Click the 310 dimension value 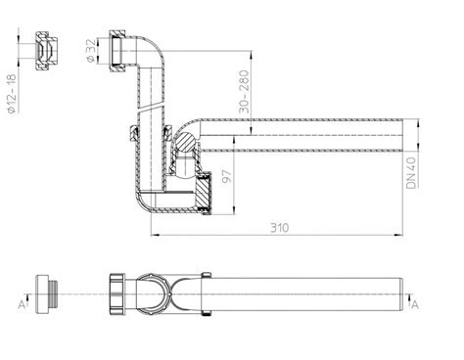[x=280, y=228]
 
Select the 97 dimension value [x=227, y=176]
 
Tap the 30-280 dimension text [x=244, y=91]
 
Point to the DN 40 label [x=411, y=173]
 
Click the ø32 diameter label [x=91, y=50]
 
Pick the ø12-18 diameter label [x=12, y=94]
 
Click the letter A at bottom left [x=22, y=305]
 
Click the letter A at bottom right [x=415, y=305]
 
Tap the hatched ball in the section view [x=185, y=142]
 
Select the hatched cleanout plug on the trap [x=204, y=195]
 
